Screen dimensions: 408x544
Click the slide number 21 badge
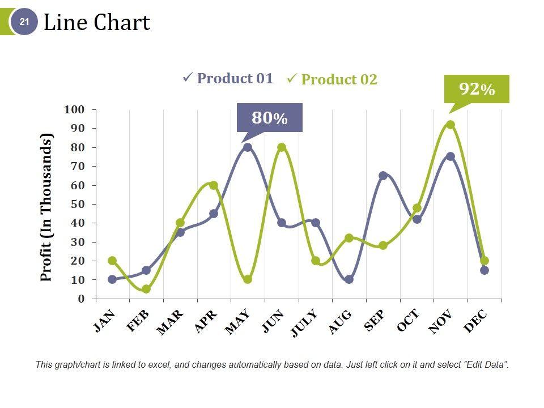pyautogui.click(x=24, y=22)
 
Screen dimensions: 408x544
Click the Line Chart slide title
pyautogui.click(x=97, y=23)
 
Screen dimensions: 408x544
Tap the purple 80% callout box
pyautogui.click(x=269, y=118)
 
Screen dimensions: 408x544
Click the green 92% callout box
pyautogui.click(x=477, y=89)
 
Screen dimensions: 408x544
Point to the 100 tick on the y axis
pyautogui.click(x=74, y=109)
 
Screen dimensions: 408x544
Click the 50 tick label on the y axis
pyautogui.click(x=77, y=204)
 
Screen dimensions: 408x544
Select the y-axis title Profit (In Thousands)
pyautogui.click(x=46, y=207)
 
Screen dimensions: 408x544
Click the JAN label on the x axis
pyautogui.click(x=105, y=321)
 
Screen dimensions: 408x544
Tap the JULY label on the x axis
pyautogui.click(x=305, y=324)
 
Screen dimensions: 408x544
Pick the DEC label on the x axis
pyautogui.click(x=475, y=321)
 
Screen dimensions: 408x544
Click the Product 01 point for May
pyautogui.click(x=248, y=147)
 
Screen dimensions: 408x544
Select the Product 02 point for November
pyautogui.click(x=450, y=125)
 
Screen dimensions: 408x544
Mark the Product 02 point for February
pyautogui.click(x=146, y=289)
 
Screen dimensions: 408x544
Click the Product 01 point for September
pyautogui.click(x=383, y=176)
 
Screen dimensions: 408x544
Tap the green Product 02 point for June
pyautogui.click(x=282, y=147)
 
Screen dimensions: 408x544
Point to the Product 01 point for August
pyautogui.click(x=349, y=279)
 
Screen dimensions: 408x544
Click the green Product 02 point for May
pyautogui.click(x=248, y=279)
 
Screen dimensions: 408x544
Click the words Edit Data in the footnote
pyautogui.click(x=485, y=365)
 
